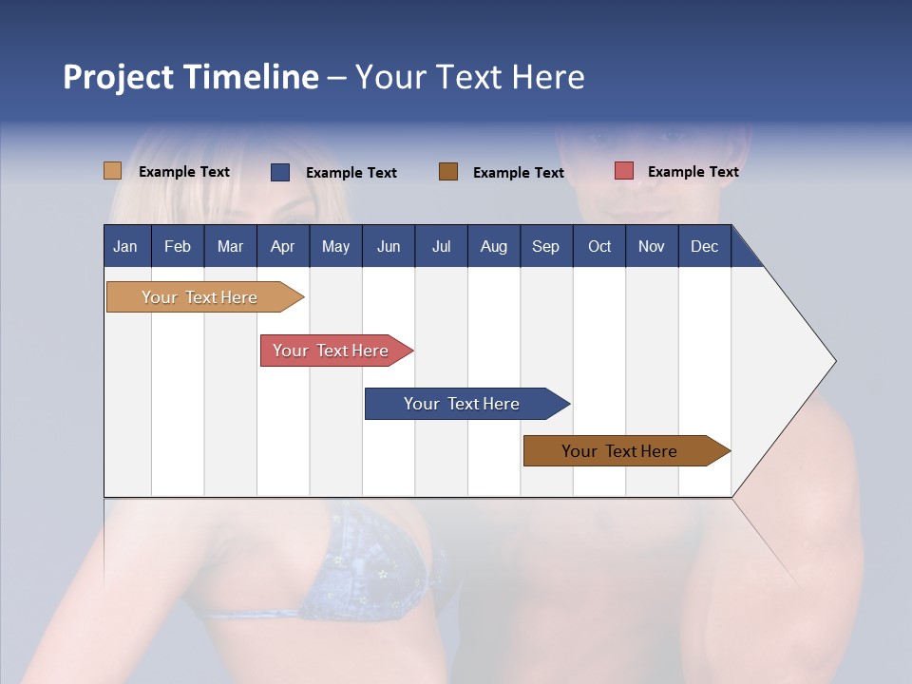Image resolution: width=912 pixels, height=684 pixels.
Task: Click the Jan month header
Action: [x=125, y=247]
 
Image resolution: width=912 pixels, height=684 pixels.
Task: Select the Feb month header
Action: [x=178, y=247]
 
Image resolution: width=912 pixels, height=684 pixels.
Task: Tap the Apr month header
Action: [x=282, y=247]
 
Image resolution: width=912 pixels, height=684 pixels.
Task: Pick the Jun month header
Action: [x=389, y=247]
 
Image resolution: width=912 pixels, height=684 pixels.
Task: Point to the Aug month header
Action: [x=493, y=247]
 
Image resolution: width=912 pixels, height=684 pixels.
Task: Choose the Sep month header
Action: [x=545, y=247]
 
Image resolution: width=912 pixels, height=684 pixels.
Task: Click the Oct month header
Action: [x=599, y=247]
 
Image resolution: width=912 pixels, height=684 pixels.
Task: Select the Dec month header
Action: [x=704, y=247]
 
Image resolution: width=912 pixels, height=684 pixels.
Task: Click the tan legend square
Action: [x=112, y=171]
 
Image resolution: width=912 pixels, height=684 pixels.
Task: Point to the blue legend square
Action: [x=280, y=172]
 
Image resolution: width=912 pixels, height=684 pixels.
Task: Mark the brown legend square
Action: [x=448, y=171]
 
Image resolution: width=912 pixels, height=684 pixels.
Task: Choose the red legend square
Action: [x=623, y=171]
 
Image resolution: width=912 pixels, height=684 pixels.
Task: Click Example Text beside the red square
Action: [x=693, y=172]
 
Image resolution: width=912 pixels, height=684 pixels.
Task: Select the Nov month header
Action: [x=652, y=247]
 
